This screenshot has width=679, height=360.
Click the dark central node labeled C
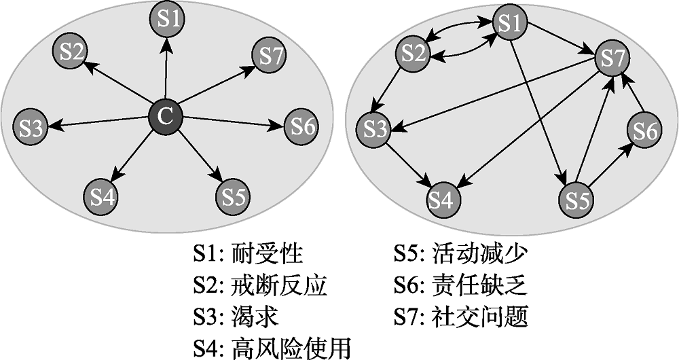165,117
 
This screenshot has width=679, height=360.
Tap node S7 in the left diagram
270,56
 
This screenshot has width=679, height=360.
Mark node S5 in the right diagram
576,200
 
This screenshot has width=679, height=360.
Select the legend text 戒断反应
279,285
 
